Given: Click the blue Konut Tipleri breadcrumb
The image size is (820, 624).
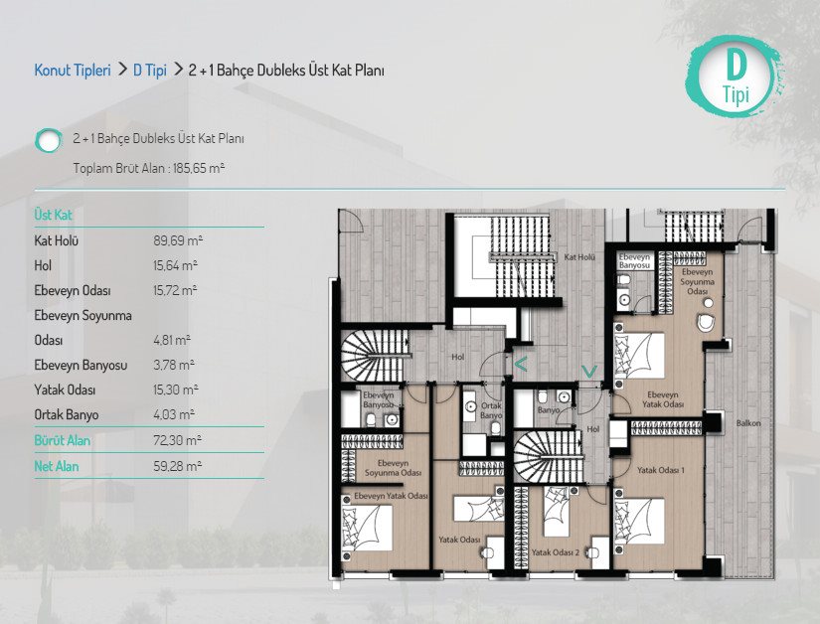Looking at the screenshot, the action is click(73, 70).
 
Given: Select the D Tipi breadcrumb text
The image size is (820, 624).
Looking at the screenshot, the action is click(149, 70).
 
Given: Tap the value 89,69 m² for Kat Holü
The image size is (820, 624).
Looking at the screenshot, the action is click(178, 240).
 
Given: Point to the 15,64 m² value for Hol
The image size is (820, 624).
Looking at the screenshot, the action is click(175, 265).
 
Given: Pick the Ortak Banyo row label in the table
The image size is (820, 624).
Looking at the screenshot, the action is click(67, 415).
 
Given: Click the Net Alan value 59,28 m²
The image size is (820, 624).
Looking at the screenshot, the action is click(178, 466).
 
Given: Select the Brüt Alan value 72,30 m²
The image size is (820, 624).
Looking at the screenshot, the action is click(178, 440).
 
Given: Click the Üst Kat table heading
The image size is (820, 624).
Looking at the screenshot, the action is click(53, 215).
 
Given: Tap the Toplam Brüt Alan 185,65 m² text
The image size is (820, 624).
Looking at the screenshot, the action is click(149, 168).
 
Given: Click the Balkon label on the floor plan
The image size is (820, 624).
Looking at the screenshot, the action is click(748, 423).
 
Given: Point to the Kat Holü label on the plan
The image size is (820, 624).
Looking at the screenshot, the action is click(579, 257).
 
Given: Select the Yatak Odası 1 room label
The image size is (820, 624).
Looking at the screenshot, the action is click(661, 470).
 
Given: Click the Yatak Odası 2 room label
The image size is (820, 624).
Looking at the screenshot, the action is click(556, 552).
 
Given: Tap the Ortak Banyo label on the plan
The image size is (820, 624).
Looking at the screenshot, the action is click(491, 410).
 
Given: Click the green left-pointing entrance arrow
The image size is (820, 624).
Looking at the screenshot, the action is click(521, 364).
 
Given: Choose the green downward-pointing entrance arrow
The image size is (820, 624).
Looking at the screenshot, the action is click(589, 371).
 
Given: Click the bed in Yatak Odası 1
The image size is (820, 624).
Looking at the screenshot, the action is click(639, 522).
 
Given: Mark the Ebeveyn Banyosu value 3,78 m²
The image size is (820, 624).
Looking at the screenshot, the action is click(174, 365).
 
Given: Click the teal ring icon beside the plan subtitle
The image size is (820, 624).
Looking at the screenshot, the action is click(48, 140).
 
